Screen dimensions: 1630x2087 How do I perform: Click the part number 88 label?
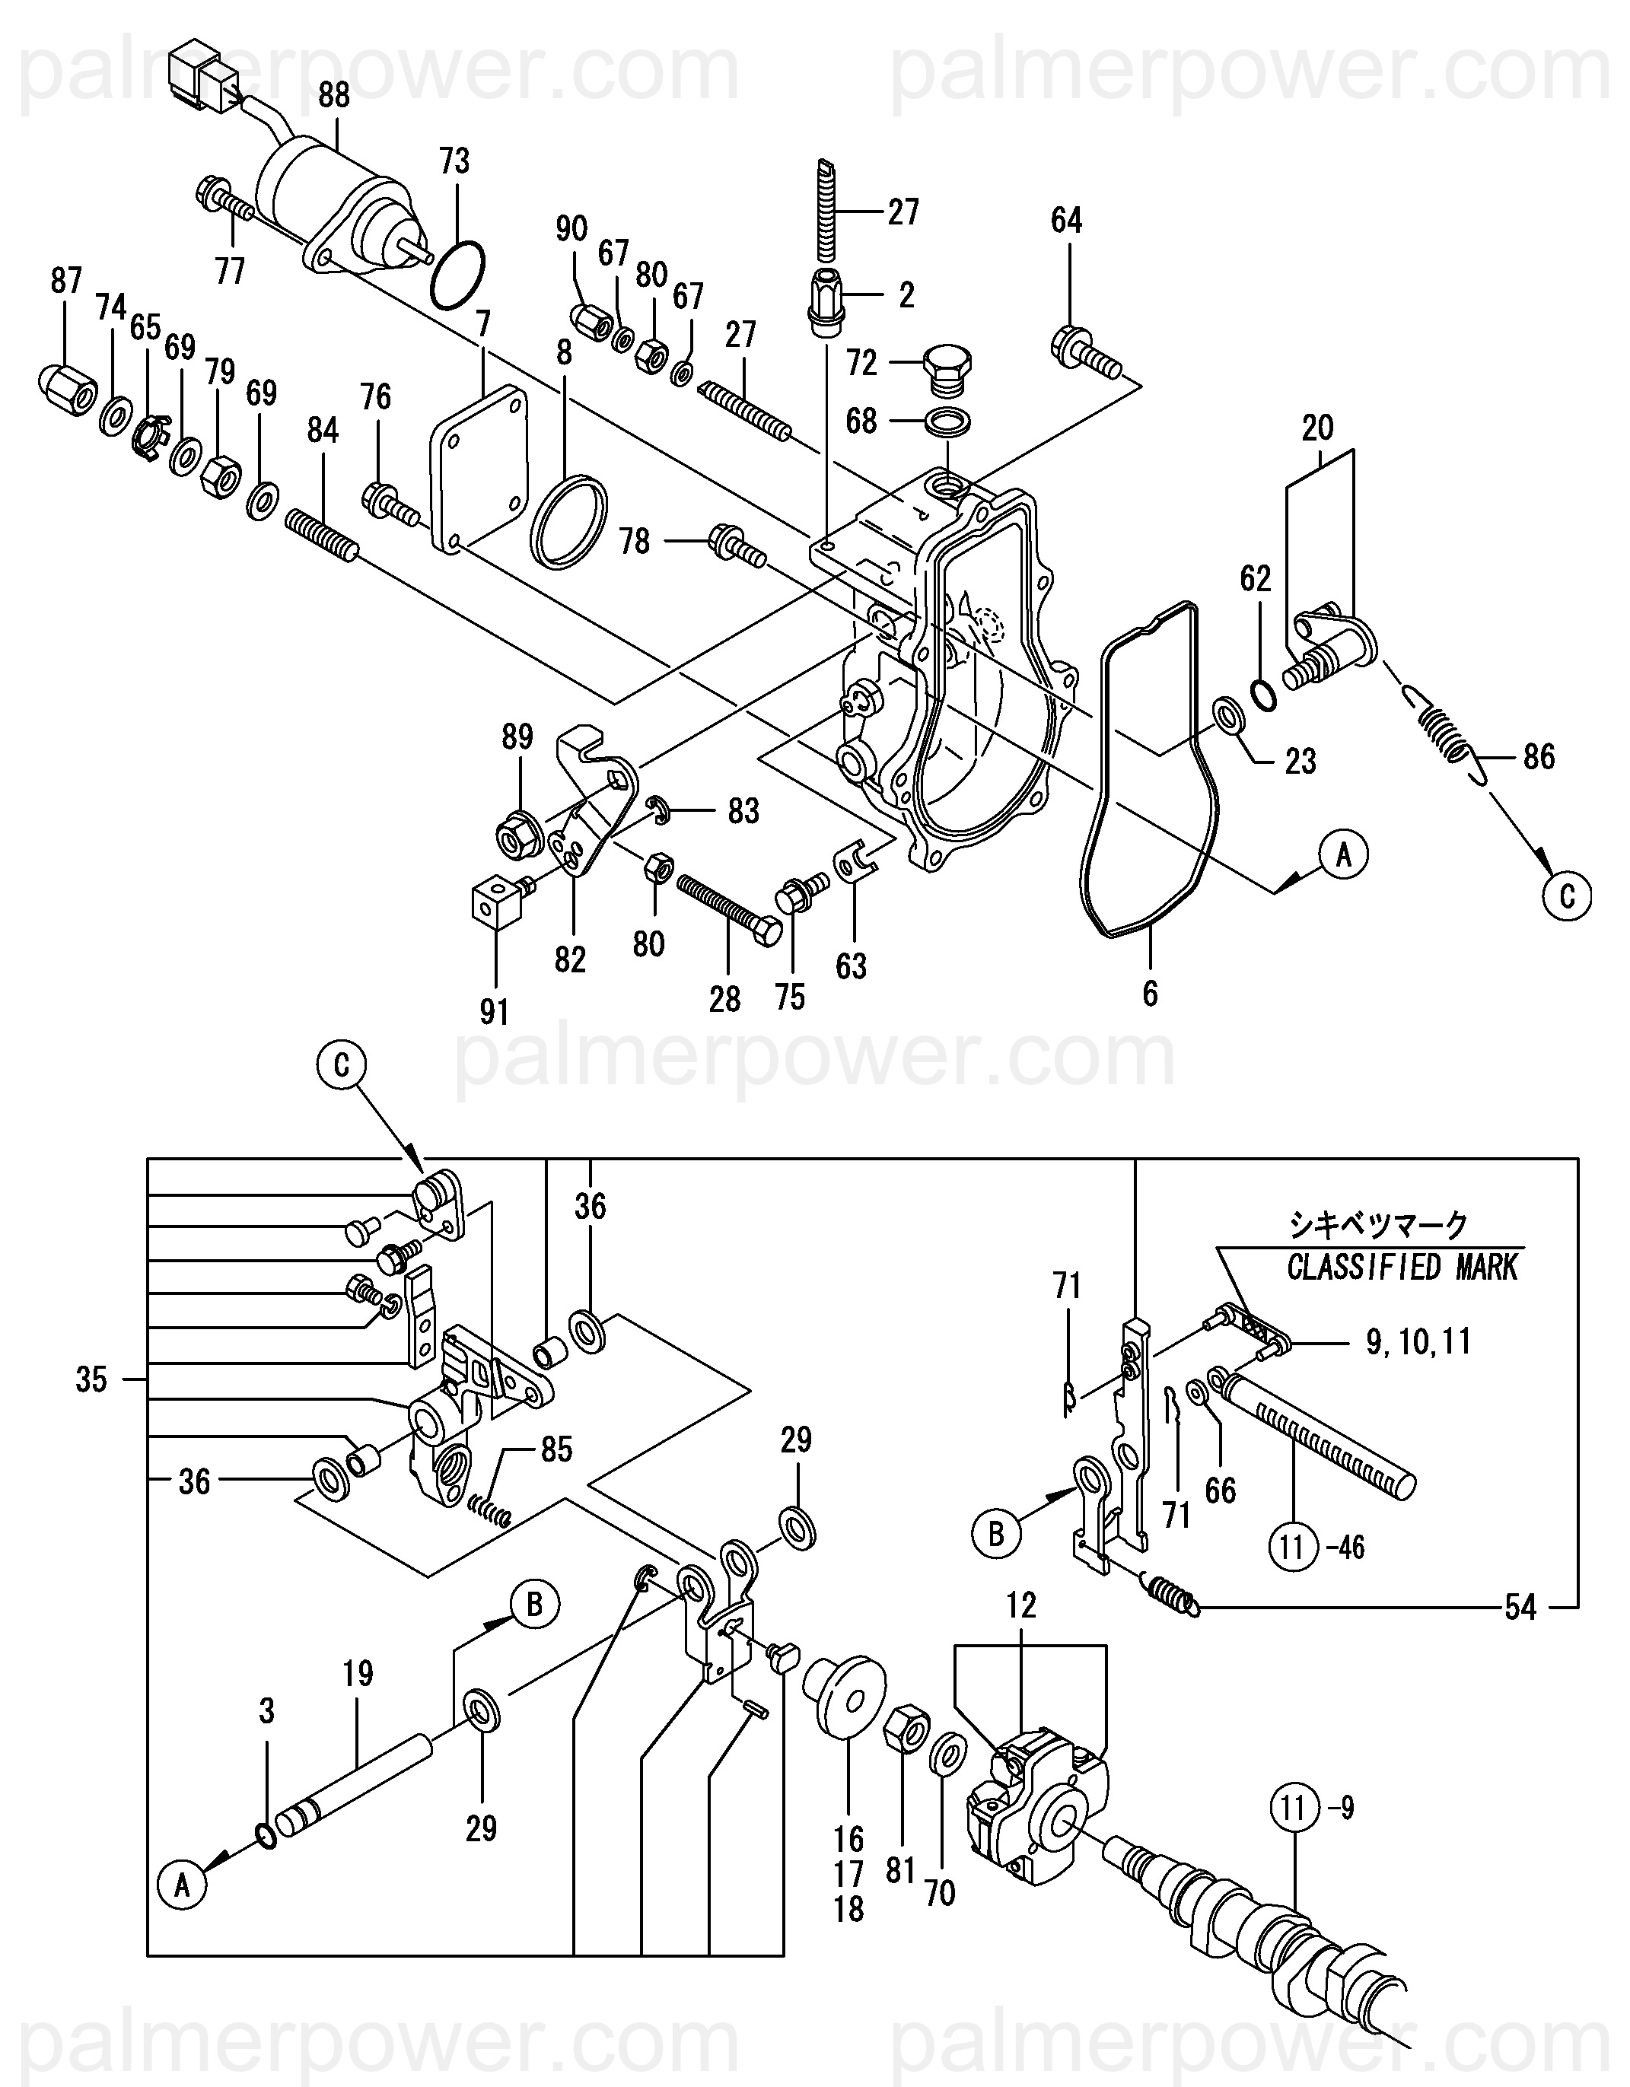(x=333, y=96)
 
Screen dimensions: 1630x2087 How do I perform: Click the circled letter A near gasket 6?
(x=1343, y=856)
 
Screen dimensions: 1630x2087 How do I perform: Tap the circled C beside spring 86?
(x=1567, y=896)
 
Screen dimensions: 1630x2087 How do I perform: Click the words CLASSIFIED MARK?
(x=1402, y=1268)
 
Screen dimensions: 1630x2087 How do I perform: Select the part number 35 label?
(x=92, y=1380)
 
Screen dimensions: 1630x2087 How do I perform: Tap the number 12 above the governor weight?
(x=1021, y=1605)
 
